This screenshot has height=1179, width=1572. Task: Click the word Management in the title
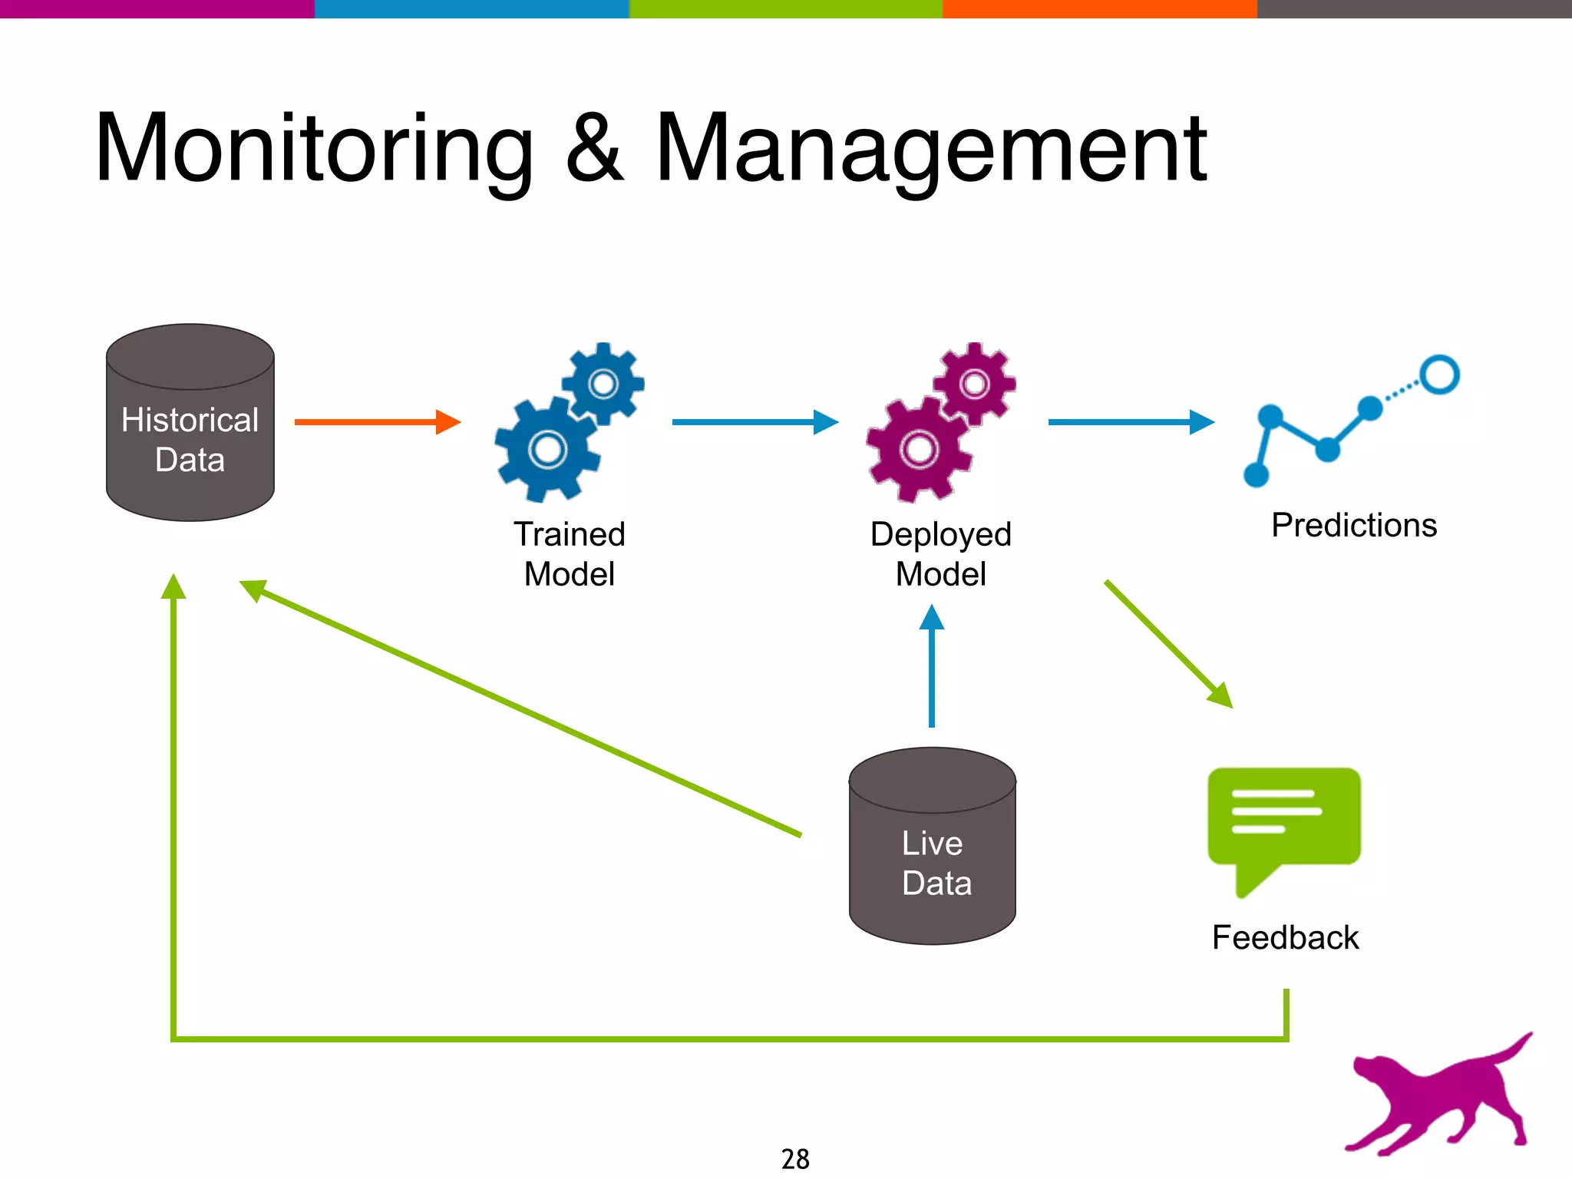[930, 150]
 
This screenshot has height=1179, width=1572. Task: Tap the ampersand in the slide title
[595, 150]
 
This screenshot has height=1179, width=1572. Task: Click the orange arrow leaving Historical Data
[376, 421]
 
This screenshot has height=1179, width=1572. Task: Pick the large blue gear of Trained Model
[547, 450]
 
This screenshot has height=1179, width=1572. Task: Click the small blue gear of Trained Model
[603, 383]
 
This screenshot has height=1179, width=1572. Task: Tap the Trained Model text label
[569, 553]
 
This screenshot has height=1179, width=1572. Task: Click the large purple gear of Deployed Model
[918, 450]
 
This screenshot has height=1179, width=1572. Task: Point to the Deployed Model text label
[940, 553]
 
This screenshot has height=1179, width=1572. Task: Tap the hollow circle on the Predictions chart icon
[1438, 375]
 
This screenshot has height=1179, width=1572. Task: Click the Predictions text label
[1353, 525]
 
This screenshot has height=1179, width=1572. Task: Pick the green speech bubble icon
[1283, 821]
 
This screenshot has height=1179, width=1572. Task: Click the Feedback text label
[1285, 937]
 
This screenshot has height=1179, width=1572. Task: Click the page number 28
[795, 1158]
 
